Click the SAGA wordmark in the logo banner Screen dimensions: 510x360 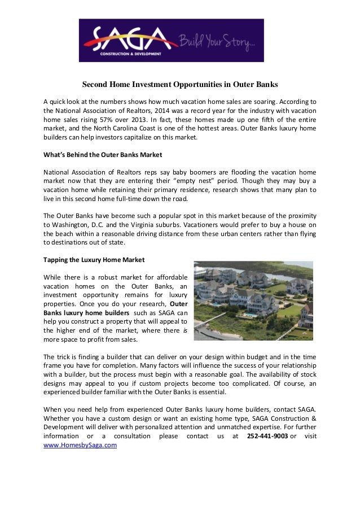pyautogui.click(x=129, y=39)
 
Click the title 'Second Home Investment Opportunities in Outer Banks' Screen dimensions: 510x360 pyautogui.click(x=180, y=85)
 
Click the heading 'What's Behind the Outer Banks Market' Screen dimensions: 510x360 pyautogui.click(x=99, y=154)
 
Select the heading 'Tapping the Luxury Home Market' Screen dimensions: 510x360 pyautogui.click(x=94, y=260)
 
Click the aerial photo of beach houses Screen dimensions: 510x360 pyautogui.click(x=253, y=300)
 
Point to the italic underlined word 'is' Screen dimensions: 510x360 pyautogui.click(x=185, y=331)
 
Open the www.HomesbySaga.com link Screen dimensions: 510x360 pyautogui.click(x=80, y=445)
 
